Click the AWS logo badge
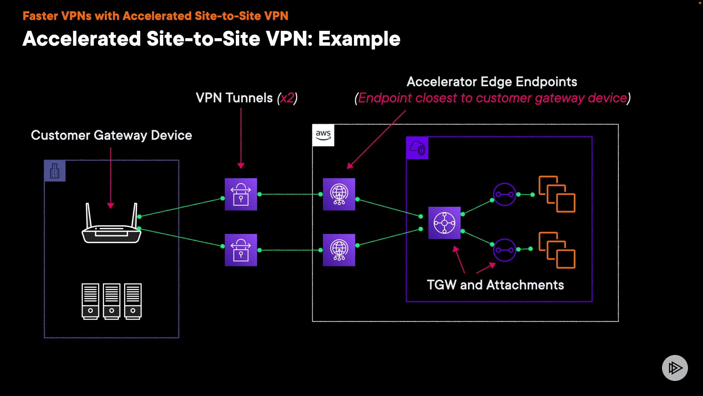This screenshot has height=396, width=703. click(323, 135)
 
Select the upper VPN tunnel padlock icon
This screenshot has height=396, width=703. click(241, 194)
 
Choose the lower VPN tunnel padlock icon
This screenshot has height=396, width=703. click(241, 250)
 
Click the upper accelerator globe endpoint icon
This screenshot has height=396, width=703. click(339, 194)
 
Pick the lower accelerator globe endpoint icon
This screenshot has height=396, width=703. click(339, 250)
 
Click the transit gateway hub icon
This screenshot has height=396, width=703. click(444, 223)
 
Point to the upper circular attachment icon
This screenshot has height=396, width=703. click(505, 194)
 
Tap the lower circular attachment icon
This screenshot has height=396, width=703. click(505, 250)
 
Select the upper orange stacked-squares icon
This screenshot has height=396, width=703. click(557, 194)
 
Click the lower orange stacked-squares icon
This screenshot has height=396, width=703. click(557, 250)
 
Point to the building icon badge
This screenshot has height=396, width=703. click(55, 171)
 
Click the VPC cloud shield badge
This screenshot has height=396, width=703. click(417, 148)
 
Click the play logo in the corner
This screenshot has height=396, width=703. click(675, 368)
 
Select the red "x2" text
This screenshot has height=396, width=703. click(287, 98)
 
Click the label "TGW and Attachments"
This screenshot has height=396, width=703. click(495, 285)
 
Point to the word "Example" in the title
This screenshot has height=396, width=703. click(359, 39)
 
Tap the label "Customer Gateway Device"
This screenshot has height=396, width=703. click(111, 135)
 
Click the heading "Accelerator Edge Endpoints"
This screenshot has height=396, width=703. click(492, 82)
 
